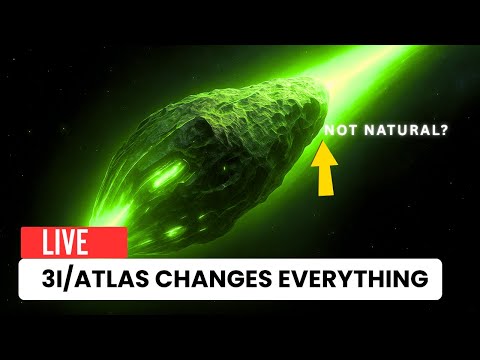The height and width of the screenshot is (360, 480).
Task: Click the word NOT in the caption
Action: pyautogui.click(x=339, y=130)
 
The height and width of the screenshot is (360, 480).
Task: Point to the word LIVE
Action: pyautogui.click(x=65, y=242)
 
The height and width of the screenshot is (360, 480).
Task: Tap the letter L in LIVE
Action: pyautogui.click(x=45, y=242)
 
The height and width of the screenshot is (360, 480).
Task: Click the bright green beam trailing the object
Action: pyautogui.click(x=400, y=60)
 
